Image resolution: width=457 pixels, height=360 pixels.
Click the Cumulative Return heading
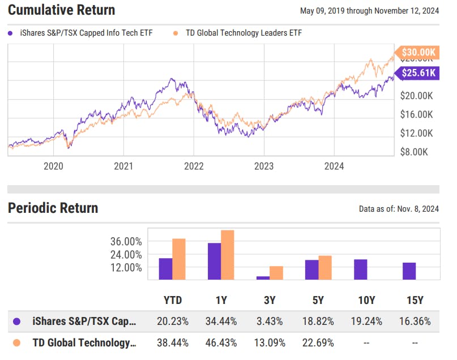coord(61,10)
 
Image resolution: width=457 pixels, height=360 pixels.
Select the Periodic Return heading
coord(53,208)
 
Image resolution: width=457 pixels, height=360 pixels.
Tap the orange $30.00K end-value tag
coord(418,53)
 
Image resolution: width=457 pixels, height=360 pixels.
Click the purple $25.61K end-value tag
coord(418,72)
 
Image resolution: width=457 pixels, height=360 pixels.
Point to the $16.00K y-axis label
coord(416,114)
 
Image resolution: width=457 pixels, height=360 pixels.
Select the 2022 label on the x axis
coord(194,166)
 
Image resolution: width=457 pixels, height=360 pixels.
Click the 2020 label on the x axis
coord(53,166)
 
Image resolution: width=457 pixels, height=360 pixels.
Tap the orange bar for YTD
coord(179,259)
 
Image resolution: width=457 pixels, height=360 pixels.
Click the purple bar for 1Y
coord(214,262)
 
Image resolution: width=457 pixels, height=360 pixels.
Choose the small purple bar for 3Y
coord(263,277)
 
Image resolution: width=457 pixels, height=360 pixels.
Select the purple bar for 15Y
coord(409,271)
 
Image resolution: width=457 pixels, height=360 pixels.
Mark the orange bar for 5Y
coord(325,268)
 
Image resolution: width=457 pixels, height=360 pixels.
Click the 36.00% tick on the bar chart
coord(126,242)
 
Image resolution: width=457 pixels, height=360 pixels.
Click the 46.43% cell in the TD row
coord(220,342)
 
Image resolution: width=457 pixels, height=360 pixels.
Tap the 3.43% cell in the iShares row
coord(269,321)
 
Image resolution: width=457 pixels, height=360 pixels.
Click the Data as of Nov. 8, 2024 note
coord(399,209)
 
